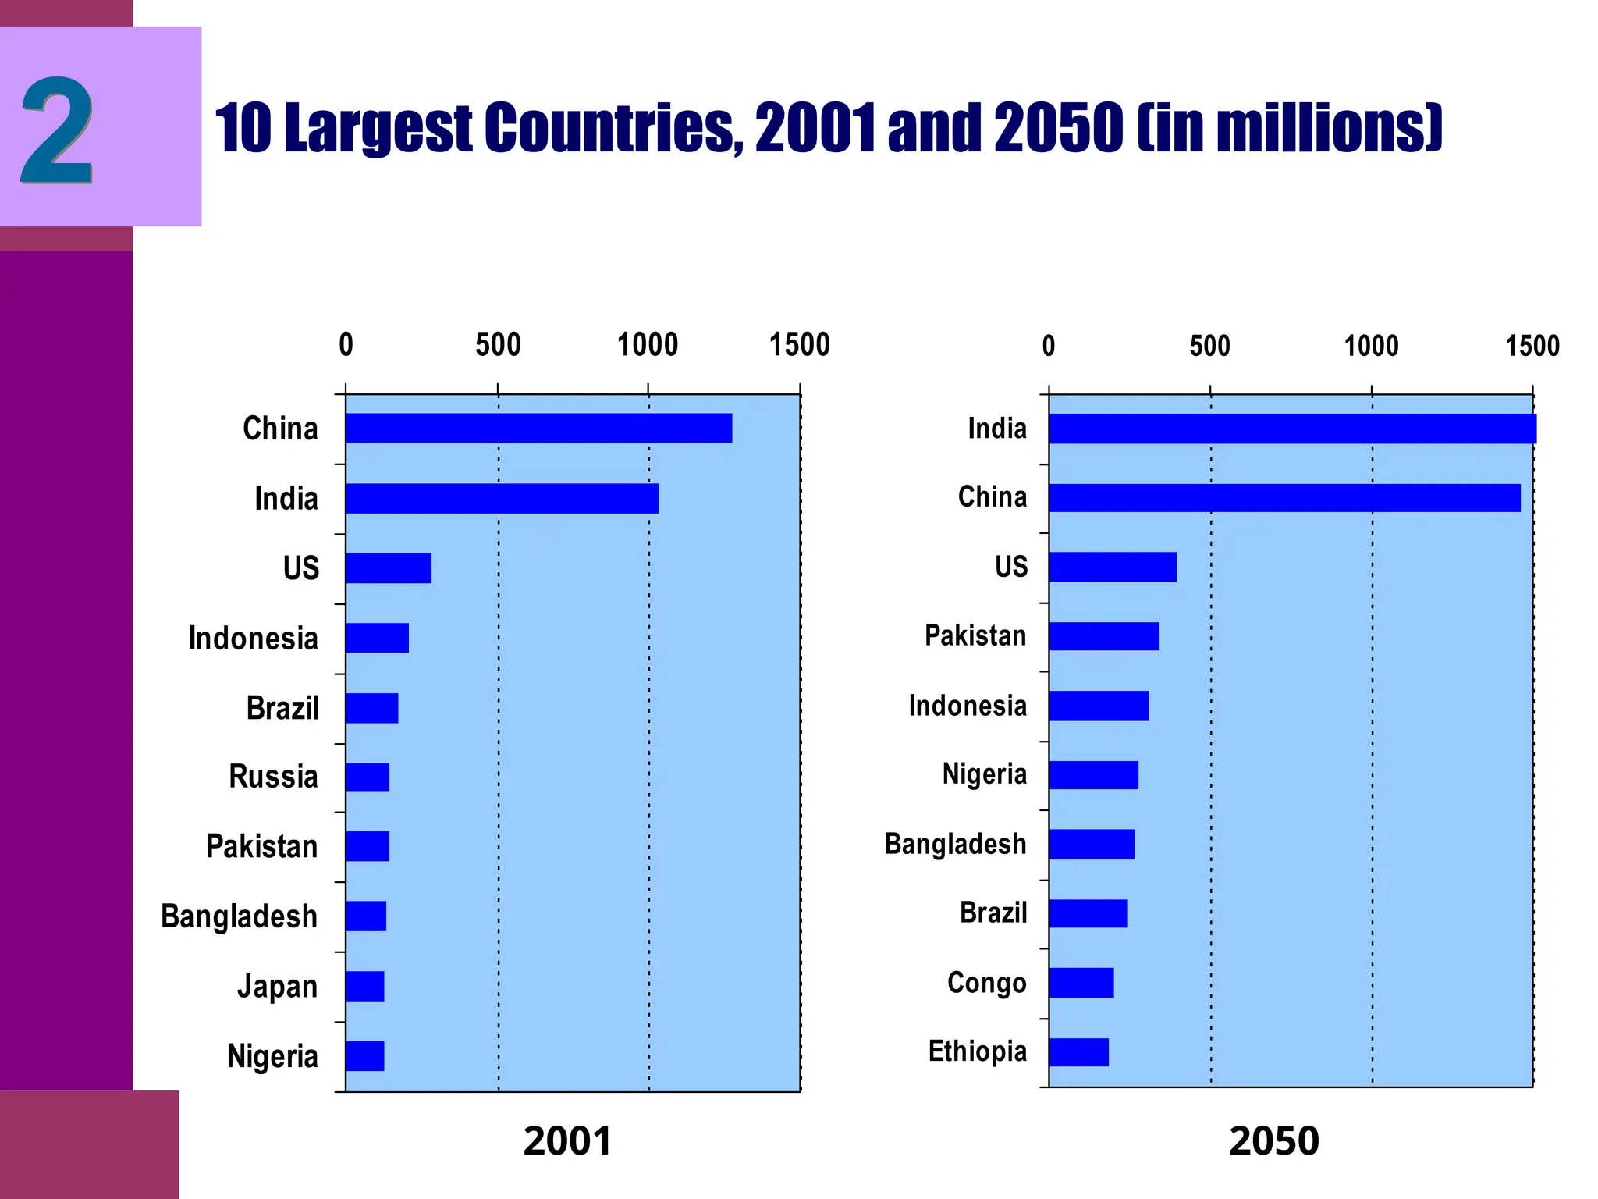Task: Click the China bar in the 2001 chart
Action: (x=538, y=429)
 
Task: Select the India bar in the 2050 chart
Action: (x=1292, y=429)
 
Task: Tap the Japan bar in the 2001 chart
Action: (x=365, y=987)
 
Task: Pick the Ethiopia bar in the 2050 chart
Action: (x=1078, y=1052)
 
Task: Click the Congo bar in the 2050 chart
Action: (x=1081, y=983)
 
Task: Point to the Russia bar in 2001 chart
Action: (x=368, y=777)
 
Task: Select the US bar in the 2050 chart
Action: (x=1113, y=567)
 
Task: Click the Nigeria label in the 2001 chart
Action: (x=272, y=1057)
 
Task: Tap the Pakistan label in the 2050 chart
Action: (x=975, y=636)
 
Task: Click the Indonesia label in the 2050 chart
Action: (x=968, y=706)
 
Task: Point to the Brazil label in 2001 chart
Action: (x=282, y=708)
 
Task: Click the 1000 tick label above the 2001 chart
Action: (x=648, y=345)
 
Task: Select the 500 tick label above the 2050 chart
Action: (x=1209, y=346)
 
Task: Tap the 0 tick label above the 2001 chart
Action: (x=346, y=345)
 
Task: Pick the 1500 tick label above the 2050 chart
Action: (x=1532, y=346)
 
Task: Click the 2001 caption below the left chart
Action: (x=567, y=1141)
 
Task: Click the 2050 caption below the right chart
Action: (x=1273, y=1141)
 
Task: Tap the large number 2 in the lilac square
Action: (x=57, y=130)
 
